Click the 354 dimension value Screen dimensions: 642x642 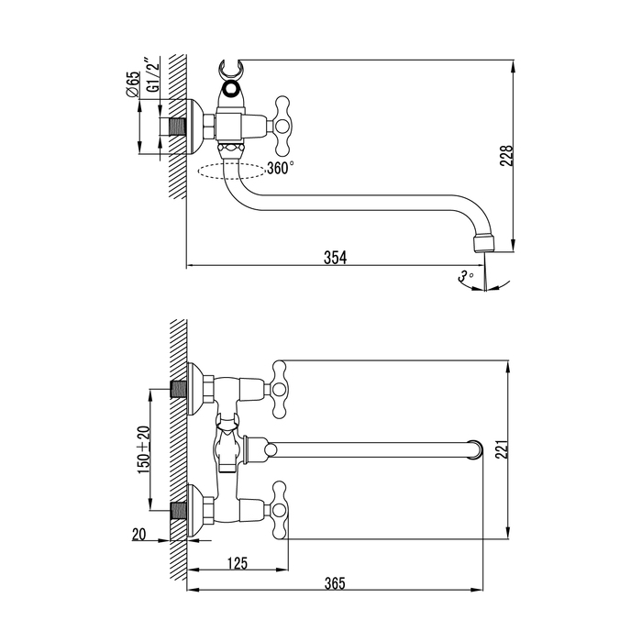point(336,258)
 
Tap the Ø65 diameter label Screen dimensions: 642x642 point(132,85)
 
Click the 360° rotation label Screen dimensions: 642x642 point(280,168)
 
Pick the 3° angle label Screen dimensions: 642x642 point(466,275)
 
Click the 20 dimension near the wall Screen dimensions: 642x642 point(138,534)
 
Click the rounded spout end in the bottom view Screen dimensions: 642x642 point(475,449)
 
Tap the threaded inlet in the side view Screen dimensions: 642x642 point(177,125)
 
